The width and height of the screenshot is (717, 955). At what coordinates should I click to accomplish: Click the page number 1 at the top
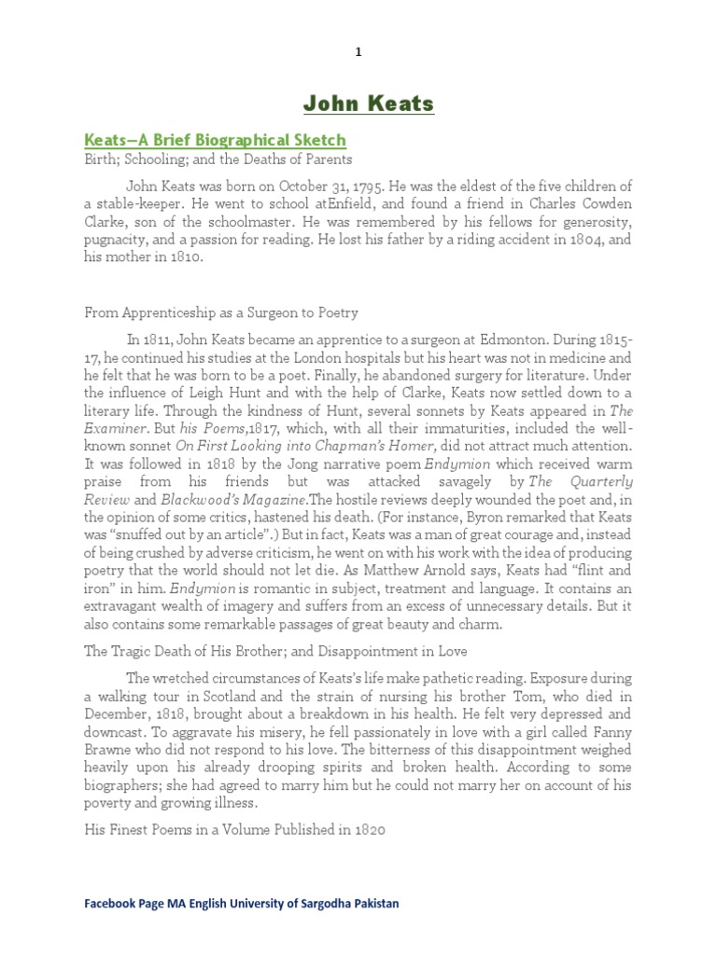click(x=358, y=52)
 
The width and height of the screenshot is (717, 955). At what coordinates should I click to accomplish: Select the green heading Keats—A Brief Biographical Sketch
click(x=216, y=140)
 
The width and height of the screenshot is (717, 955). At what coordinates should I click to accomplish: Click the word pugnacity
click(x=118, y=241)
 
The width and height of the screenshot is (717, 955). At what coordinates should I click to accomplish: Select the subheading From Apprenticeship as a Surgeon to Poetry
click(x=222, y=312)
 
